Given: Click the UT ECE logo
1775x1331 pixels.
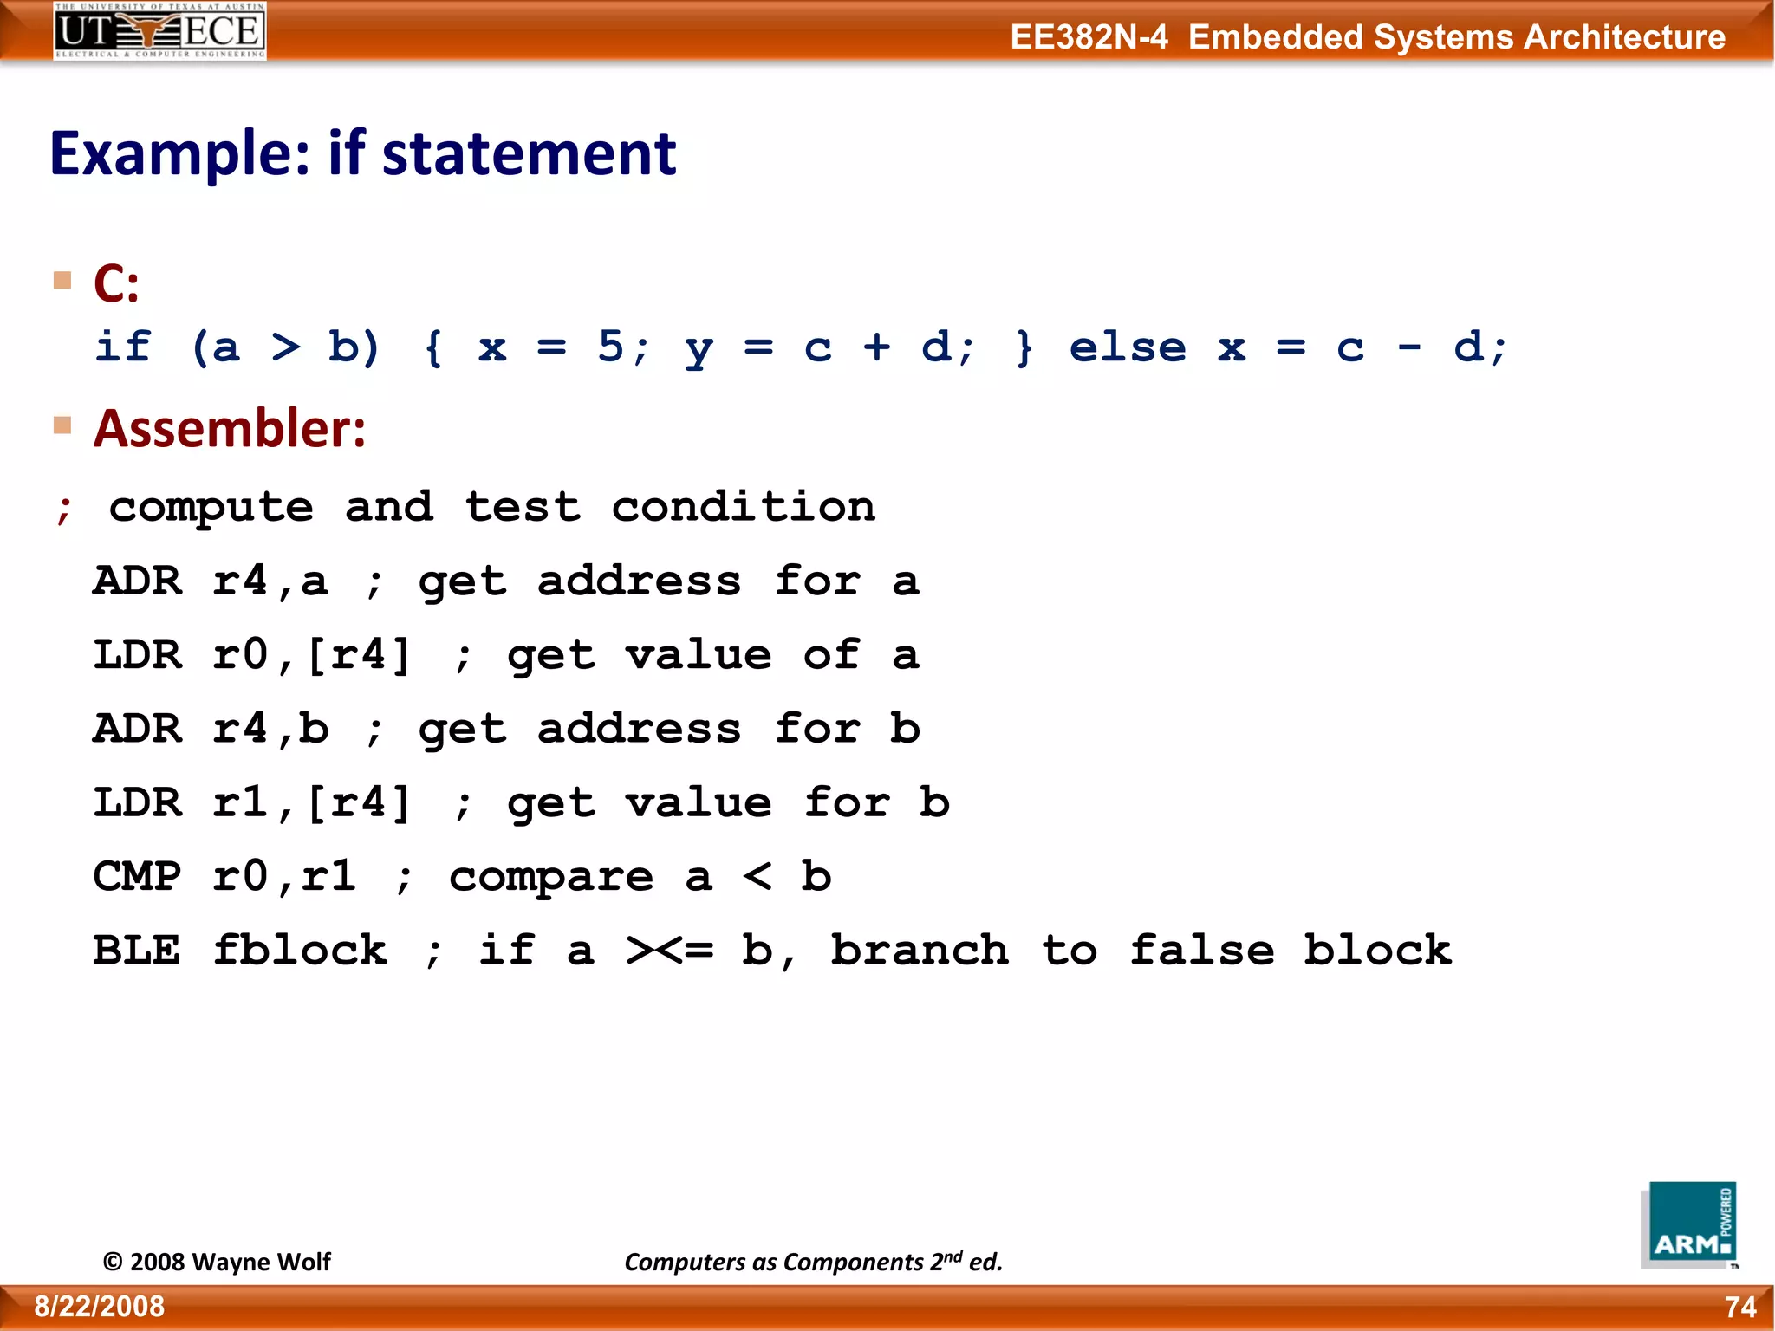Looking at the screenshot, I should (159, 31).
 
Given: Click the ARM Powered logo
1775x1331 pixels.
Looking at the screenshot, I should (1688, 1224).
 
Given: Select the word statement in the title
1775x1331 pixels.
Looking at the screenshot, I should (529, 154).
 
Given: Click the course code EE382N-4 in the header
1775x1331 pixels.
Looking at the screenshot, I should (1089, 37).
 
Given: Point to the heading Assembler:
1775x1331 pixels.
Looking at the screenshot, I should (230, 429).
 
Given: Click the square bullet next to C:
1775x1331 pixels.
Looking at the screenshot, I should (62, 280).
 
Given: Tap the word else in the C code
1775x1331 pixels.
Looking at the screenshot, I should (1127, 347).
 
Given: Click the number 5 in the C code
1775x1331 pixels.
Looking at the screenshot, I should (610, 347).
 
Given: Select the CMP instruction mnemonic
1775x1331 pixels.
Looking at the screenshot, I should (137, 877).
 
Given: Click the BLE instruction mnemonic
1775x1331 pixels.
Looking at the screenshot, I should (137, 951).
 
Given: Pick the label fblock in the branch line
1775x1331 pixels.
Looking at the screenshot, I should (300, 951).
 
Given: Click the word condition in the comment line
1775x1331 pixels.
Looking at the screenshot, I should (744, 507).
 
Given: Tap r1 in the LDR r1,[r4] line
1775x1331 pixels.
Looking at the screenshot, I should (240, 803).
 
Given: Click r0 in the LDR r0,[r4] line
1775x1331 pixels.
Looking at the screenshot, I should (240, 655).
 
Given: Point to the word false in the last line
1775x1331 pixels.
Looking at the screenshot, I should (1202, 951).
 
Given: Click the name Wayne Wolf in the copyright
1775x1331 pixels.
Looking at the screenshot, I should (261, 1262).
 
